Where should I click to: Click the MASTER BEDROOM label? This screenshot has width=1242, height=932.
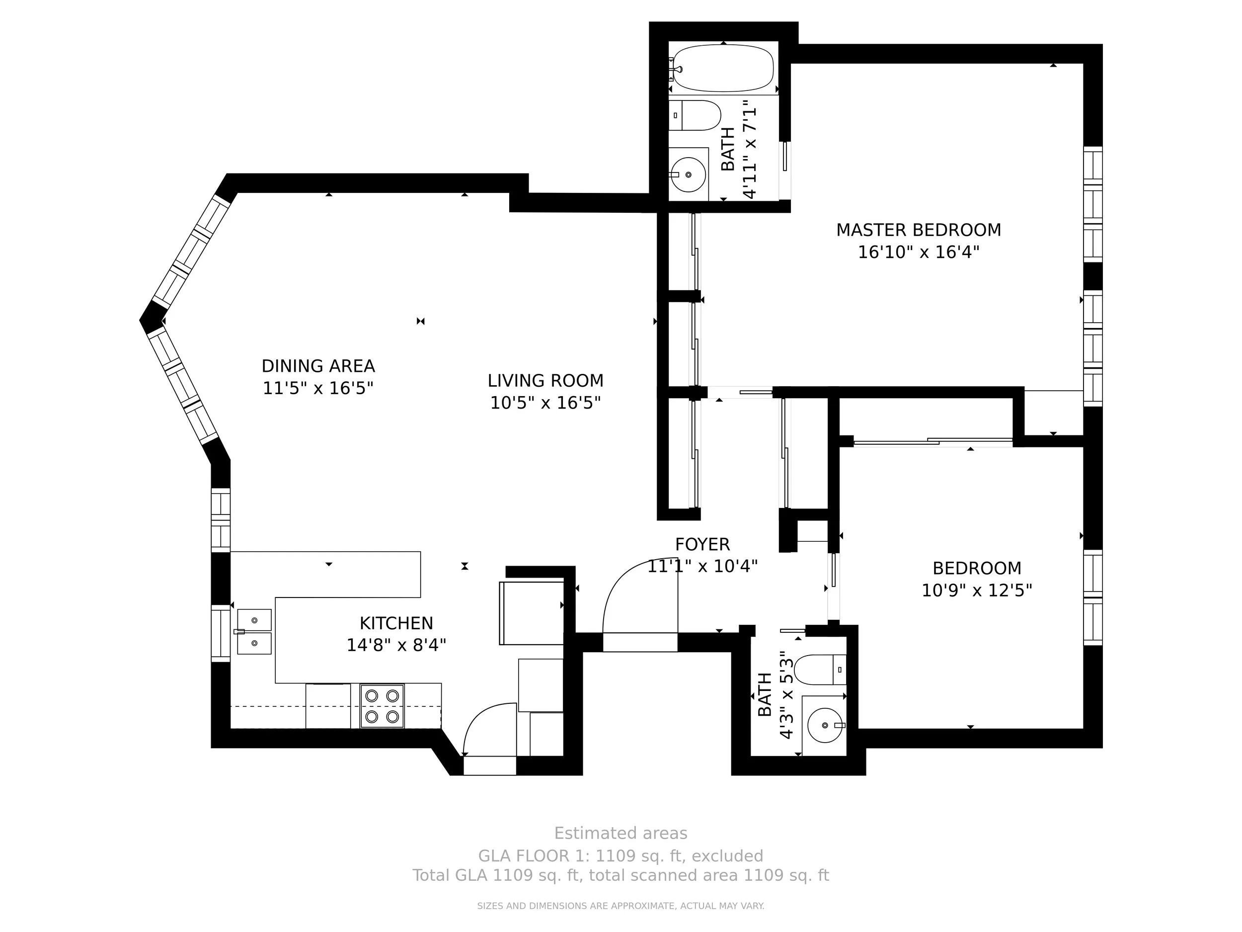[919, 230]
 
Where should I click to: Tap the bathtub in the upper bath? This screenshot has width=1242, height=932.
[723, 68]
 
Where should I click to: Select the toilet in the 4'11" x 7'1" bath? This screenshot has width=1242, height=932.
[695, 115]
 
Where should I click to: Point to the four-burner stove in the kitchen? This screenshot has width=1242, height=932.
[382, 706]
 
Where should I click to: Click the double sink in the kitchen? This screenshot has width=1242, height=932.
[254, 632]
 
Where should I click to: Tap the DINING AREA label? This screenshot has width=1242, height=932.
[318, 366]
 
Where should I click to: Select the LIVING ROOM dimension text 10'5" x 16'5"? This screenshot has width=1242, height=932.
[546, 403]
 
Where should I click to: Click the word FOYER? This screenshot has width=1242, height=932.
[702, 544]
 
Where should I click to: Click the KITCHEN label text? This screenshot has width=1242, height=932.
[396, 624]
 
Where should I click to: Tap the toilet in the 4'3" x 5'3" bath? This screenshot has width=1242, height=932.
[821, 670]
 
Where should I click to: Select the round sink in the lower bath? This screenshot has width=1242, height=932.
[825, 725]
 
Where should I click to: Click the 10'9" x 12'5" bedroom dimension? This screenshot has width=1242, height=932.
[977, 591]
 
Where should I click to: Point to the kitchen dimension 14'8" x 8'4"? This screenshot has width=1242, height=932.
[396, 645]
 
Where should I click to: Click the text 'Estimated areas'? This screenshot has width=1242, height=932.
[621, 833]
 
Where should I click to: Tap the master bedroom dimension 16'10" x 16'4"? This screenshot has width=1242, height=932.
[919, 252]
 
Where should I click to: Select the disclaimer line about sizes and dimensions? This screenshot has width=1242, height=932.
[621, 906]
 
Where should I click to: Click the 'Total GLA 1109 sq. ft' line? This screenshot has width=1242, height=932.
[621, 876]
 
